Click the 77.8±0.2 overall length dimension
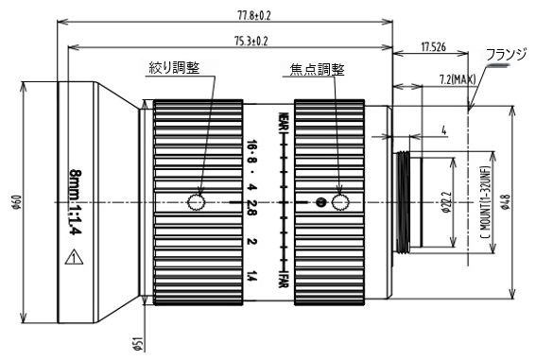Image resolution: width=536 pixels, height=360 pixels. (x=253, y=15)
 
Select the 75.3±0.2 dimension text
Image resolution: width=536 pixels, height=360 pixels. (x=251, y=41)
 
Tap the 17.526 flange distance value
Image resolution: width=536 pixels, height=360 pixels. (x=433, y=47)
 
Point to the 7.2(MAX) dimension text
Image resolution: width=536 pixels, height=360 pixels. (x=457, y=79)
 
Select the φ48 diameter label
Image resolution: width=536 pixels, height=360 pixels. (x=507, y=202)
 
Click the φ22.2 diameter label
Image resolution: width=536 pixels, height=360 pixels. (x=446, y=202)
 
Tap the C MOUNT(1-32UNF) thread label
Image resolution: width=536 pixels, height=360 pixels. (x=485, y=202)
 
